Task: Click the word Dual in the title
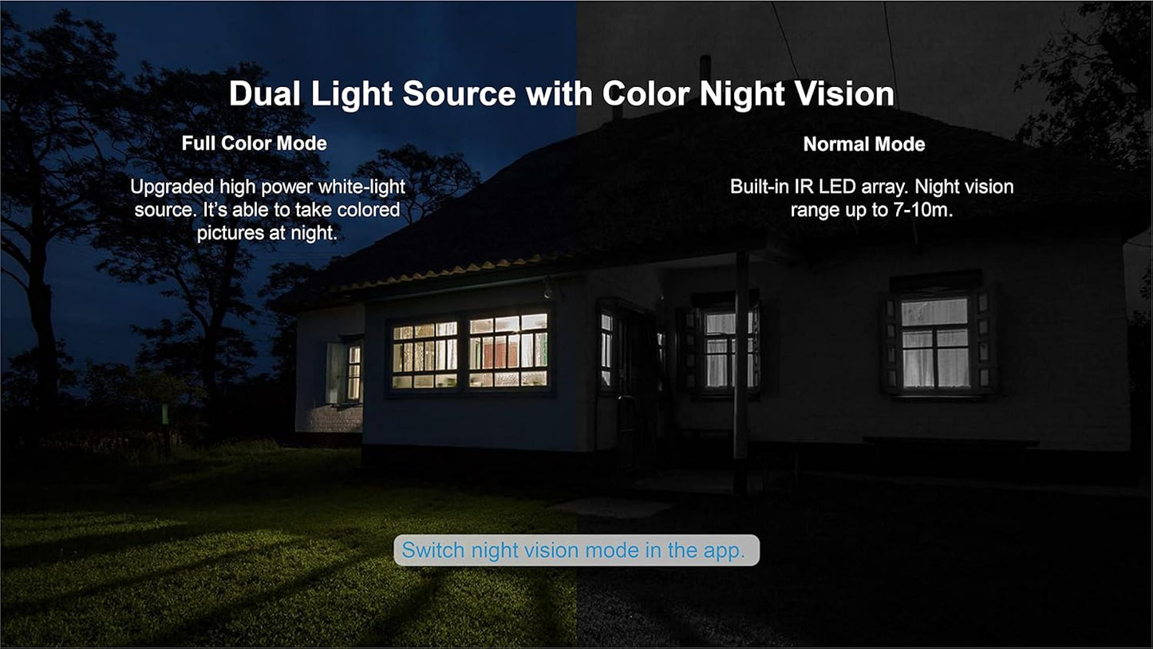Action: [x=265, y=93]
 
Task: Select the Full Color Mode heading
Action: [x=255, y=143]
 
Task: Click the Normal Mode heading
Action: [x=864, y=144]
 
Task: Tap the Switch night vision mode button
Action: [x=576, y=550]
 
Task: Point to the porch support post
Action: [x=741, y=372]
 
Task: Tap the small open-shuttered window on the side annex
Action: [x=344, y=372]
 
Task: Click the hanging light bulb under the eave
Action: [x=547, y=291]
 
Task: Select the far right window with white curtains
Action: [x=935, y=342]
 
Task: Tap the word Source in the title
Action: [x=459, y=93]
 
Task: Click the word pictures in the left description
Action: [x=231, y=233]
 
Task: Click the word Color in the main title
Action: [x=646, y=93]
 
